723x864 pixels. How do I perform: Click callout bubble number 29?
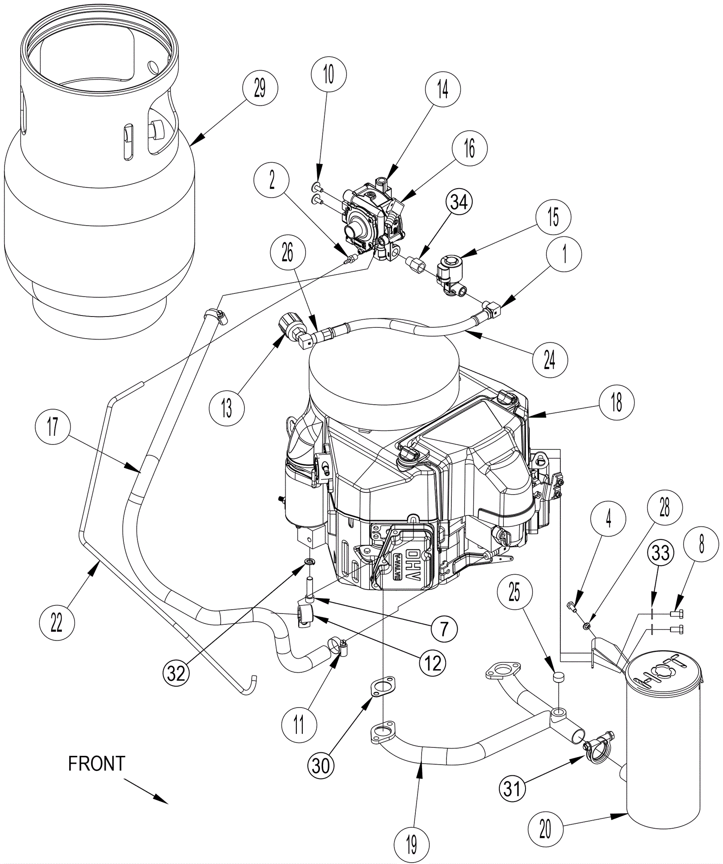click(260, 89)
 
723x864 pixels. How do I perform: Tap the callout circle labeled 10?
click(329, 74)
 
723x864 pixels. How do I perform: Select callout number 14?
click(443, 89)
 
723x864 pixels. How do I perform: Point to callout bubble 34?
click(459, 202)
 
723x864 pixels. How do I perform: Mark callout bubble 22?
click(56, 623)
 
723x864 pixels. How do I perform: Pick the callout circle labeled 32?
click(177, 673)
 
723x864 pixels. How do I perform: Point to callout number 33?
click(661, 552)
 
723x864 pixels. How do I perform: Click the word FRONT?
click(96, 764)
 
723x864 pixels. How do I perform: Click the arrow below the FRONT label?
click(146, 791)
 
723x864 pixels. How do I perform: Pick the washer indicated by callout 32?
click(310, 562)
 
